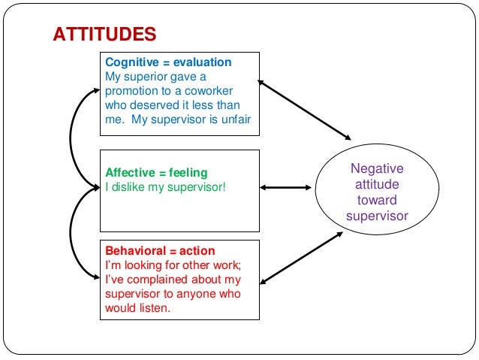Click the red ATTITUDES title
[104, 35]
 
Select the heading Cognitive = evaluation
[168, 62]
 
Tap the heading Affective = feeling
[156, 173]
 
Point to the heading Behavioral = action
[160, 251]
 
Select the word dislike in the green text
[129, 186]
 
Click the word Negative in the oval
[377, 168]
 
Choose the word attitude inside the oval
[377, 184]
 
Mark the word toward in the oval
[377, 201]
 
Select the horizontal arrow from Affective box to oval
[287, 187]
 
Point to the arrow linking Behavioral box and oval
[300, 259]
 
